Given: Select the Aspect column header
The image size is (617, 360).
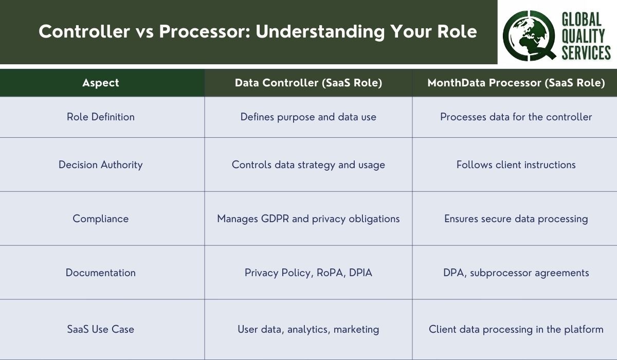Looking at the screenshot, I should (101, 83).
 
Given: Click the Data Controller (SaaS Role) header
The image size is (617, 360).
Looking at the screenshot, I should (308, 83).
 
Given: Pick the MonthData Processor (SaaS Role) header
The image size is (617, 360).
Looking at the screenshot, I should (516, 83).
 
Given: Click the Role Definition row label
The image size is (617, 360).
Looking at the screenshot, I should (101, 117).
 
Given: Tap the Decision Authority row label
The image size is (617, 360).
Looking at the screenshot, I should (101, 165).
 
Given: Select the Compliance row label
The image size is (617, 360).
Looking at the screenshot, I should (101, 219).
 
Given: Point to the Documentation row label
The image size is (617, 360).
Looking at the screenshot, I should (101, 273).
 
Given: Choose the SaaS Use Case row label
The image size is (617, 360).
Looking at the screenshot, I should (101, 329).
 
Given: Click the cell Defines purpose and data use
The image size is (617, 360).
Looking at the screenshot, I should (308, 117).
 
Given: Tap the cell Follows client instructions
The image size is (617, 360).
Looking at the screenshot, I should (516, 165).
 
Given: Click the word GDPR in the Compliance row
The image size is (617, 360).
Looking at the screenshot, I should (275, 219).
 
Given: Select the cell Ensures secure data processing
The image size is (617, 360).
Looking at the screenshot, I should (516, 219).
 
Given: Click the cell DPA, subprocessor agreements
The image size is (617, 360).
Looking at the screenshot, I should (516, 273).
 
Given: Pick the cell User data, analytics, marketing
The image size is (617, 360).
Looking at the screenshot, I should (308, 329).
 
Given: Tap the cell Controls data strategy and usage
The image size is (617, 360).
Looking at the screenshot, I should (308, 165).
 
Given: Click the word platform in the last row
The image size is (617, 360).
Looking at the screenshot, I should (584, 329).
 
